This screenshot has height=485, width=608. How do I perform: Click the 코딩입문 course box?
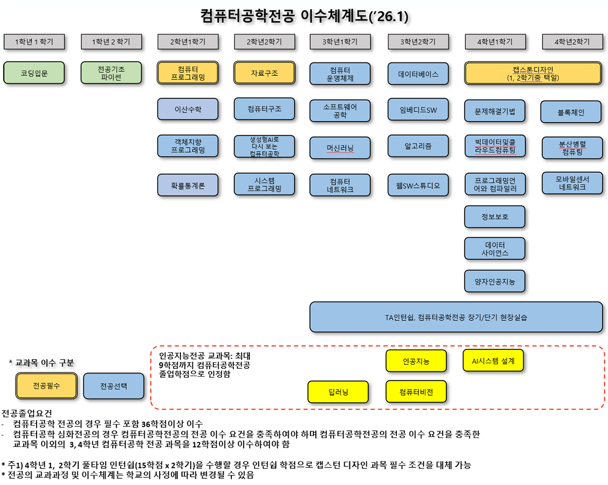click(34, 73)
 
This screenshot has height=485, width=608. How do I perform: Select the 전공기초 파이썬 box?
click(111, 73)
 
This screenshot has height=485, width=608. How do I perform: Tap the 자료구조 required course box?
click(265, 73)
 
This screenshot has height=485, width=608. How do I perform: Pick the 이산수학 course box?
click(188, 109)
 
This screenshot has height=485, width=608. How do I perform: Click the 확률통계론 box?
click(188, 185)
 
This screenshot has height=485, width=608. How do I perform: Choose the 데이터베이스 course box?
click(418, 74)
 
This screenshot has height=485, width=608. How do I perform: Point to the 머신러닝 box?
click(340, 148)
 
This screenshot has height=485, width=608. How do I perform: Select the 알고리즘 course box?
click(418, 146)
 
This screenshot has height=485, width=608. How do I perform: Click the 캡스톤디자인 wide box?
click(533, 73)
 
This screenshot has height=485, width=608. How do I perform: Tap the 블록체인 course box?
click(571, 111)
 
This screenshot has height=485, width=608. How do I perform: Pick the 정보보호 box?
click(495, 217)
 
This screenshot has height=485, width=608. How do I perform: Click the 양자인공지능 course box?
click(495, 281)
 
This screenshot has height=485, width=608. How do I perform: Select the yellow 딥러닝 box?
click(338, 392)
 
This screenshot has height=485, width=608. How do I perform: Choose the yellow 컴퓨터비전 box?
click(416, 392)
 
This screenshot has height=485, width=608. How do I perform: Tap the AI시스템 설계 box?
click(493, 361)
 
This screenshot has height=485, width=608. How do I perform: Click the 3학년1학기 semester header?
click(340, 42)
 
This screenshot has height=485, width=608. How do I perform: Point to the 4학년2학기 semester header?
click(572, 42)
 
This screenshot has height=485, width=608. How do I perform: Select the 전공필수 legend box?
click(46, 385)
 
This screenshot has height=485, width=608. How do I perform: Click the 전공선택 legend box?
click(113, 385)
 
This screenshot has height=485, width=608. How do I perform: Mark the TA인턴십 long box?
click(456, 317)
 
